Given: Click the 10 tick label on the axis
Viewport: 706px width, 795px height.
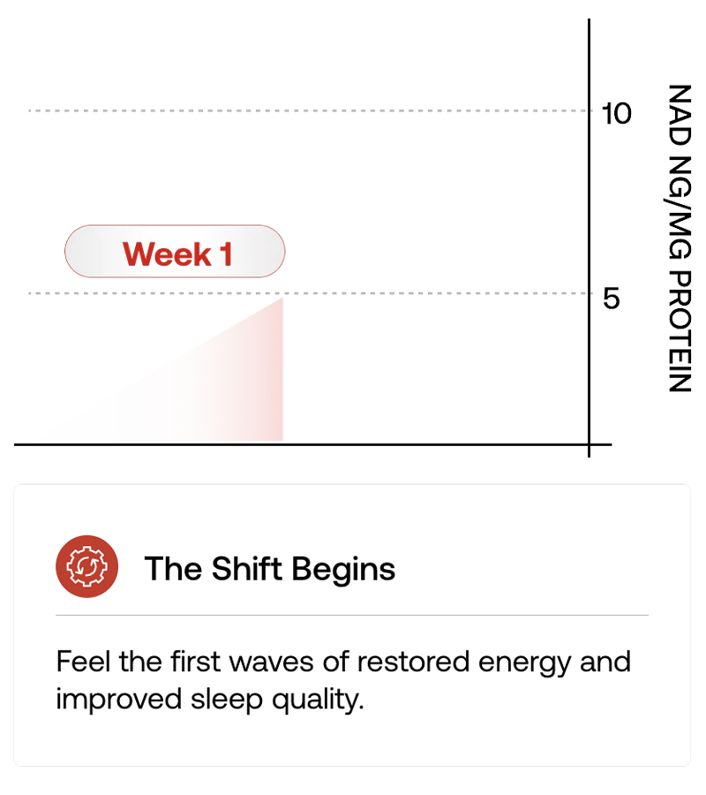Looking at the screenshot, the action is click(616, 113).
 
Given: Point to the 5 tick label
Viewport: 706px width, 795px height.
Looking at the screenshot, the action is click(612, 299).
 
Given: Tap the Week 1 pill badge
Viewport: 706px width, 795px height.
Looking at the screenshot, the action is click(175, 251).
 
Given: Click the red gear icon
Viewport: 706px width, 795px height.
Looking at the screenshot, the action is click(87, 566).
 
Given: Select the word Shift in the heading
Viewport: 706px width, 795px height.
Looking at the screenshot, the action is click(246, 568).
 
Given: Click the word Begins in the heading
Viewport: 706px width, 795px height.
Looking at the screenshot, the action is click(343, 570).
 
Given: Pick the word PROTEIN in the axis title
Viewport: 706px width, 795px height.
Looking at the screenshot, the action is click(680, 331).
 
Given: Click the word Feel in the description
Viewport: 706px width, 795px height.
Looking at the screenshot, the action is click(83, 662).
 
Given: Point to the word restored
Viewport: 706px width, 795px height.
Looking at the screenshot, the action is click(413, 662).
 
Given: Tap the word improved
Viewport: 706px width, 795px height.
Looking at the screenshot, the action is click(118, 700).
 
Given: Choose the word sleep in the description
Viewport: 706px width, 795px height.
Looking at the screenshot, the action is click(227, 700).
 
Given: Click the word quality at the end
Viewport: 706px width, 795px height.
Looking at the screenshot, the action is click(318, 700).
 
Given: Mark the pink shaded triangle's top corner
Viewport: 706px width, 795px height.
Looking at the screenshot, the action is click(282, 299).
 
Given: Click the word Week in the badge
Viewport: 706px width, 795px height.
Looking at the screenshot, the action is click(167, 254).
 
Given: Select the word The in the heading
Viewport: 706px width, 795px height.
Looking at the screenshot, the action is click(173, 568).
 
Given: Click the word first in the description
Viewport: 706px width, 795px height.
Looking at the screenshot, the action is click(195, 662).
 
